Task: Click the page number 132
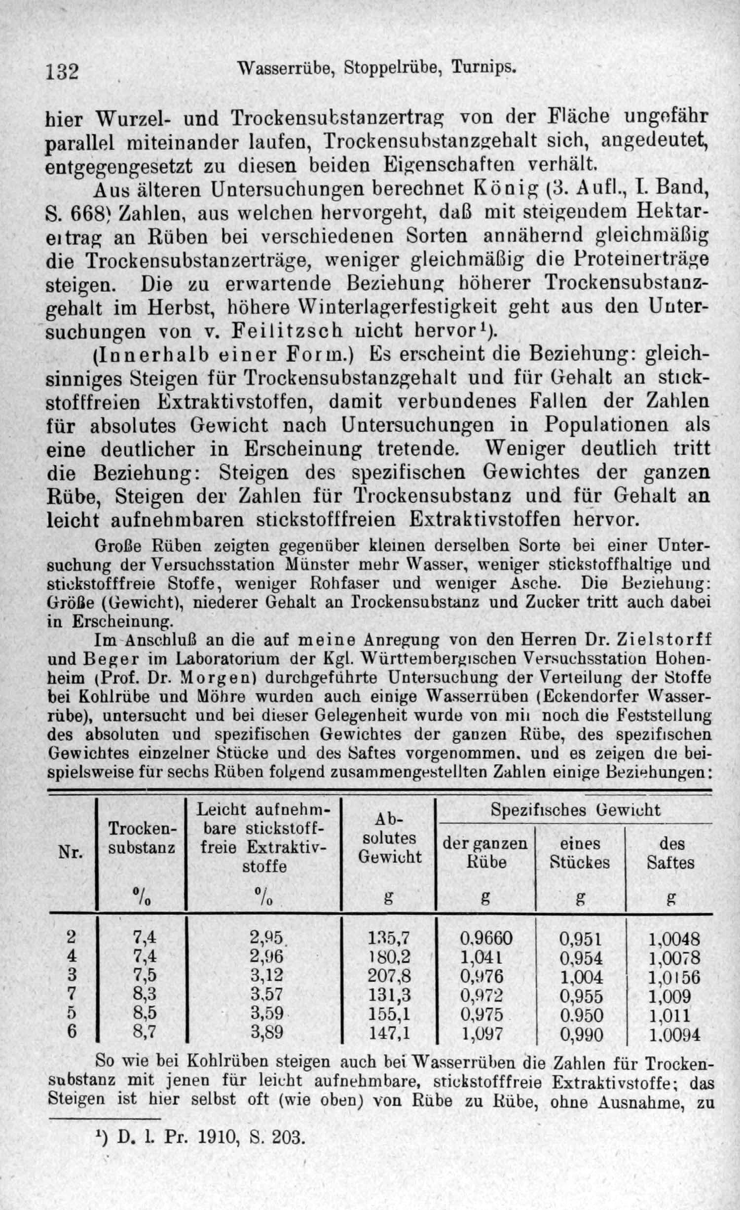click(x=63, y=72)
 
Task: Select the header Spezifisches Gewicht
click(x=575, y=810)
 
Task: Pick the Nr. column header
click(x=71, y=852)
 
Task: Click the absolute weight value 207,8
click(x=389, y=977)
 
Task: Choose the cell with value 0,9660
click(x=486, y=938)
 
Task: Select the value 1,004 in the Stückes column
click(x=581, y=977)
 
